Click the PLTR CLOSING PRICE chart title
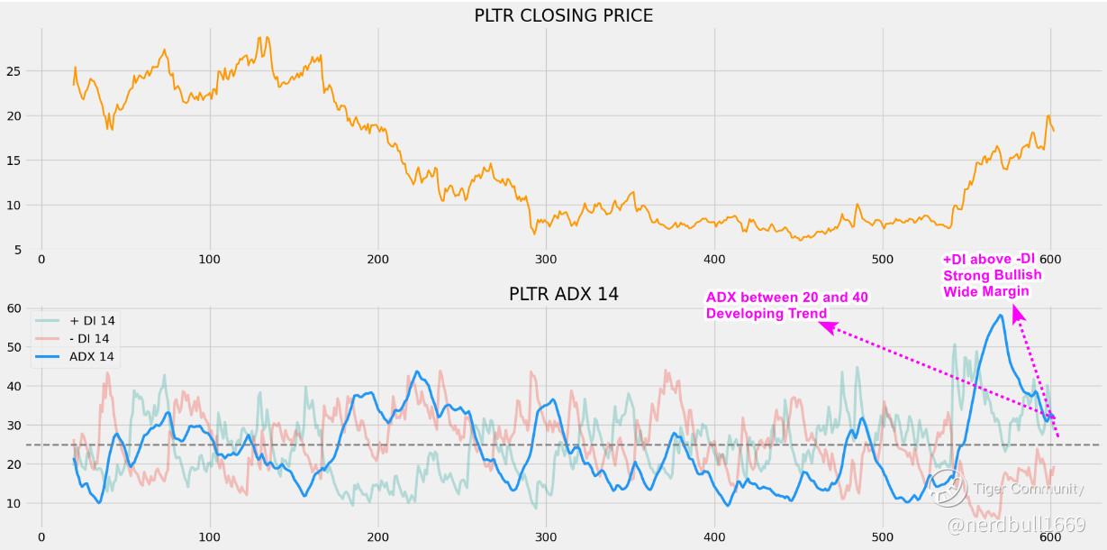point(563,15)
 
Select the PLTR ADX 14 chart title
point(563,294)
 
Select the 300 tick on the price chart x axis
point(546,260)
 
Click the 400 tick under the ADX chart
point(714,536)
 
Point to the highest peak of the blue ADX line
point(1000,315)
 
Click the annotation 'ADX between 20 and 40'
point(787,298)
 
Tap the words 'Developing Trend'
point(767,313)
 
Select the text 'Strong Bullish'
point(992,275)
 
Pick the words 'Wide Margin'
point(985,290)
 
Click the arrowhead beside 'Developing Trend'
point(826,327)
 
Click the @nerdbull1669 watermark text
point(1016,524)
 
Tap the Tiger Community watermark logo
point(948,488)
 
